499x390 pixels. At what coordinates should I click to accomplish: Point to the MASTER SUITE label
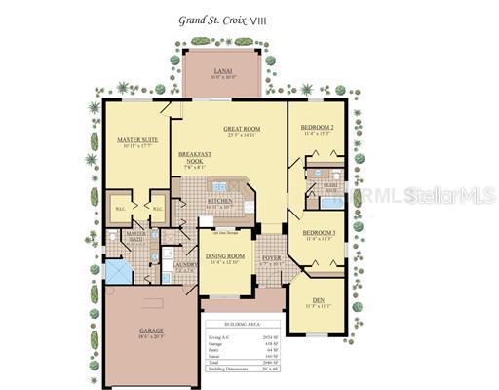138,140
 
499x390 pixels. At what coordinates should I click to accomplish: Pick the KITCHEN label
220,202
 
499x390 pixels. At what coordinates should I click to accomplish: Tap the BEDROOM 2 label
317,128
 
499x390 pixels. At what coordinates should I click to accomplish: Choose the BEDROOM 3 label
319,233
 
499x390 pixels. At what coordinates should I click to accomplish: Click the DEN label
320,301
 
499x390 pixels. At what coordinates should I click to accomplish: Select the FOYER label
271,258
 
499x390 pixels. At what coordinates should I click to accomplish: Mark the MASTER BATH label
134,236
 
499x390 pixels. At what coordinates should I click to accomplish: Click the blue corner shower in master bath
118,272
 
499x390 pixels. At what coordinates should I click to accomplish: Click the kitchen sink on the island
219,185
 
